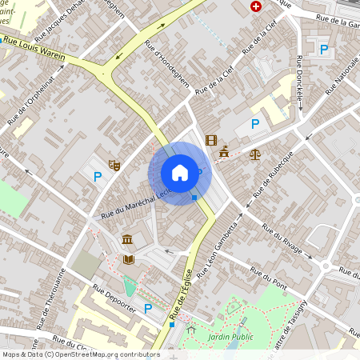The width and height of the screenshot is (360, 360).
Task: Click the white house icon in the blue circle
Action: [x=180, y=173]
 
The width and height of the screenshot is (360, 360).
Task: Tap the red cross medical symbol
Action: [x=256, y=6]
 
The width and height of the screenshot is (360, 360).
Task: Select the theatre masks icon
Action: [x=114, y=165]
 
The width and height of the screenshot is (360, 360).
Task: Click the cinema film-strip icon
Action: [x=211, y=141]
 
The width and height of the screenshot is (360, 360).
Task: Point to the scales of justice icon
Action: [x=255, y=153]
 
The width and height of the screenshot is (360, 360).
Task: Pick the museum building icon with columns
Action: [x=128, y=239]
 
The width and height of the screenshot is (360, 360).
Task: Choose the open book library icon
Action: [x=128, y=259]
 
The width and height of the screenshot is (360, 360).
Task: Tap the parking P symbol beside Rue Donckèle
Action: [x=324, y=50]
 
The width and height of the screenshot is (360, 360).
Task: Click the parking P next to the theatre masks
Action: [x=98, y=177]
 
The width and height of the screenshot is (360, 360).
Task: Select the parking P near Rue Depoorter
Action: [x=147, y=308]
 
